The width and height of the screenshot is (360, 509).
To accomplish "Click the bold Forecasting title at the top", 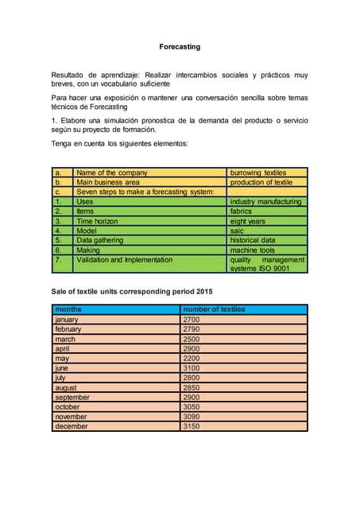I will click(x=180, y=47).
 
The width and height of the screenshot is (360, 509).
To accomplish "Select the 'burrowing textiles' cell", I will click(x=257, y=173).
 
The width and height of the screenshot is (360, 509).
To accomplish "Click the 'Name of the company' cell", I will click(x=112, y=173).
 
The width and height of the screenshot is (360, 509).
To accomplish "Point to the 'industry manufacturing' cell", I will click(x=265, y=202).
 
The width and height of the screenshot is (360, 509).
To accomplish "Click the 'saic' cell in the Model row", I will click(x=238, y=231).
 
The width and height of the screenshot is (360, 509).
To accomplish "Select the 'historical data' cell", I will click(x=253, y=240).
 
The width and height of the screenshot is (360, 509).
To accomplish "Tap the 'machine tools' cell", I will click(x=253, y=250).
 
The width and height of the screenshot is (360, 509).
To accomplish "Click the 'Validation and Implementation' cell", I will click(x=124, y=259).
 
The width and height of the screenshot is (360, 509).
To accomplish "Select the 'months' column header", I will click(x=68, y=309).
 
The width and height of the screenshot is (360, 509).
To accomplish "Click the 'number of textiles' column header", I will click(x=214, y=309).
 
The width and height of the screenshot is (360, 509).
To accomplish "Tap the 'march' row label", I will click(x=67, y=339).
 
